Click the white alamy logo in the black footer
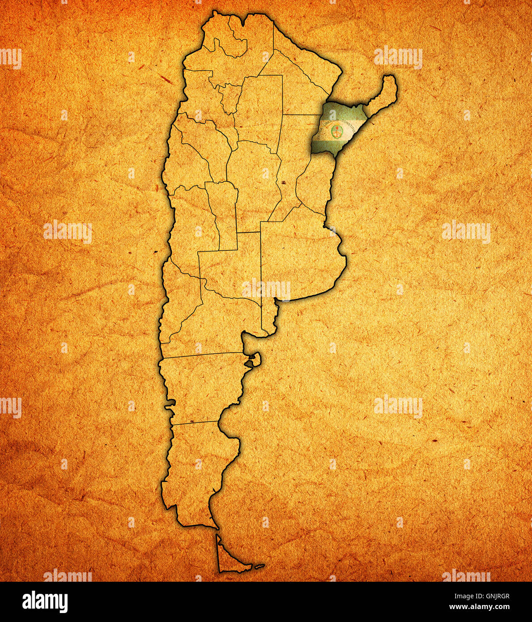[45, 601]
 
